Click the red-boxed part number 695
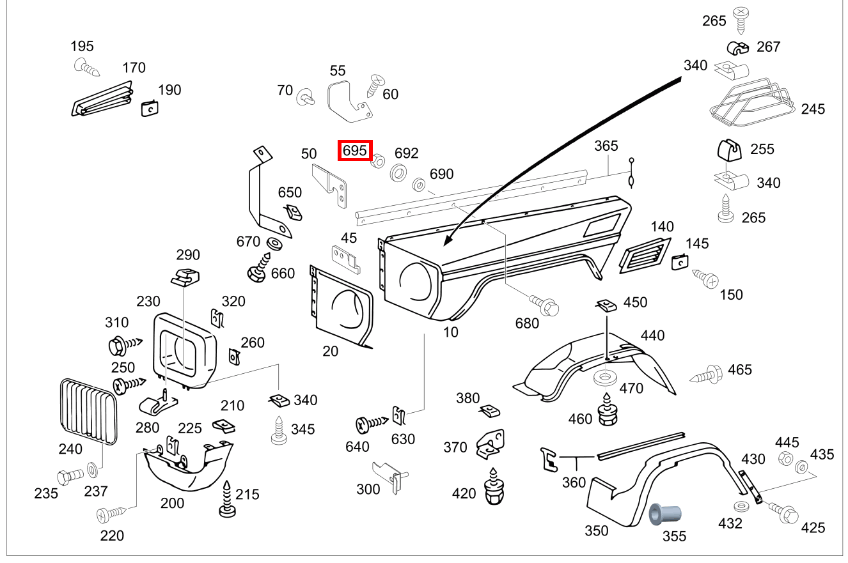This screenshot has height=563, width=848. (355, 151)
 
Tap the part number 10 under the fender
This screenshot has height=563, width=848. (451, 332)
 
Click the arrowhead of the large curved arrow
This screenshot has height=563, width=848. (448, 242)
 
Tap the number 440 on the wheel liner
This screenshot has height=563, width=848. (652, 335)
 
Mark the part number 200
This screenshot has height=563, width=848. (172, 504)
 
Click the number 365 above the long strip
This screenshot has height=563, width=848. (606, 146)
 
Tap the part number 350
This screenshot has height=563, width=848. (596, 531)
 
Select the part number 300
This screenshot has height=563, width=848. (368, 490)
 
